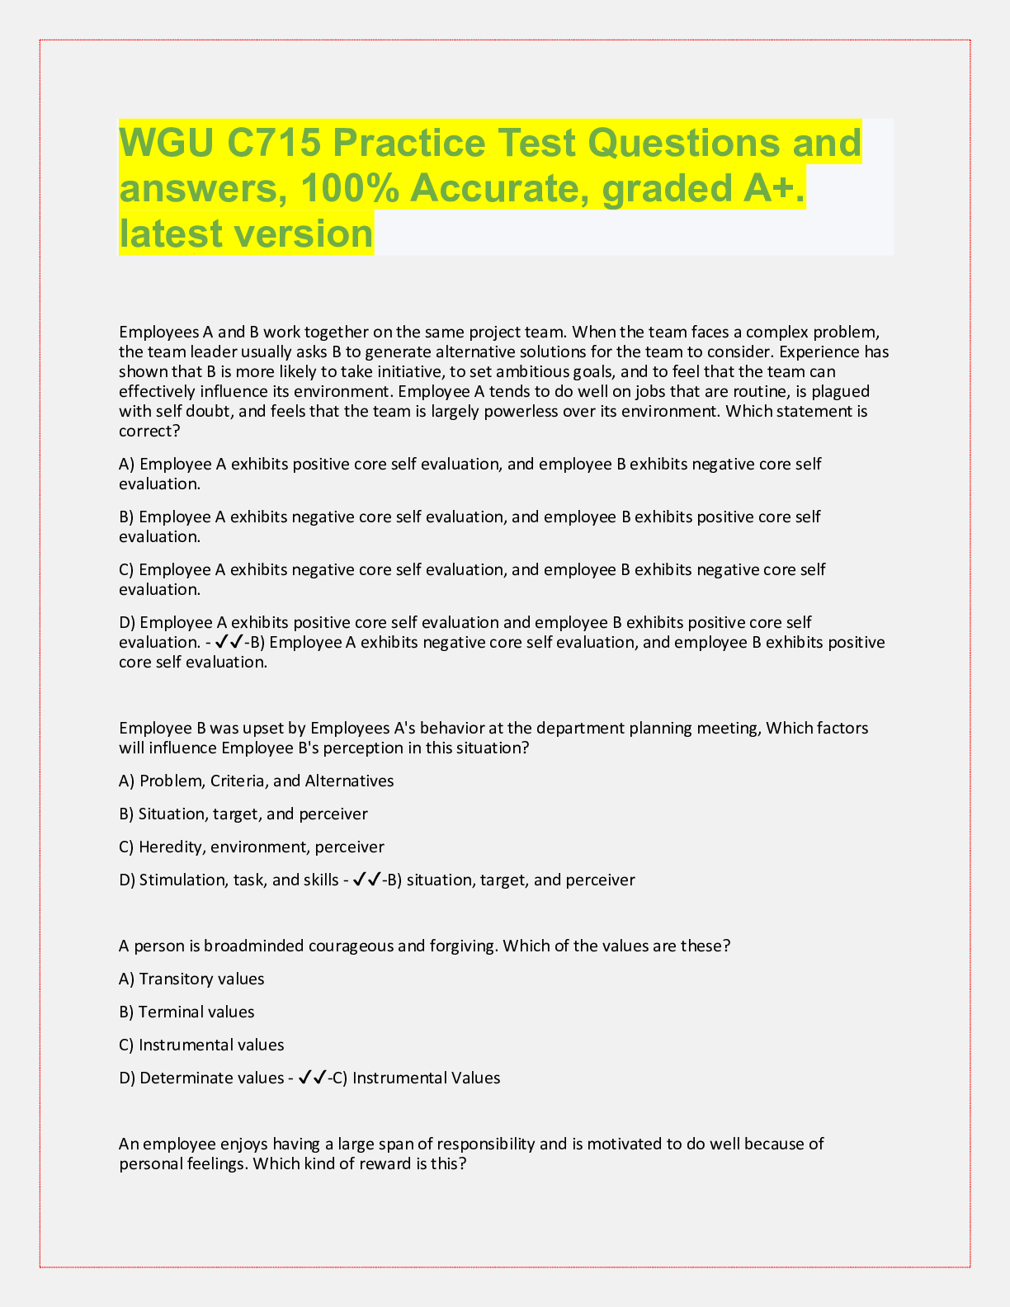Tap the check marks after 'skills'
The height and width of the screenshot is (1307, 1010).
click(x=366, y=880)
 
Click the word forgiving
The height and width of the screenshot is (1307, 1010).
click(x=464, y=946)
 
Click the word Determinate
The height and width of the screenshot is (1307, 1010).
click(x=182, y=1078)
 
